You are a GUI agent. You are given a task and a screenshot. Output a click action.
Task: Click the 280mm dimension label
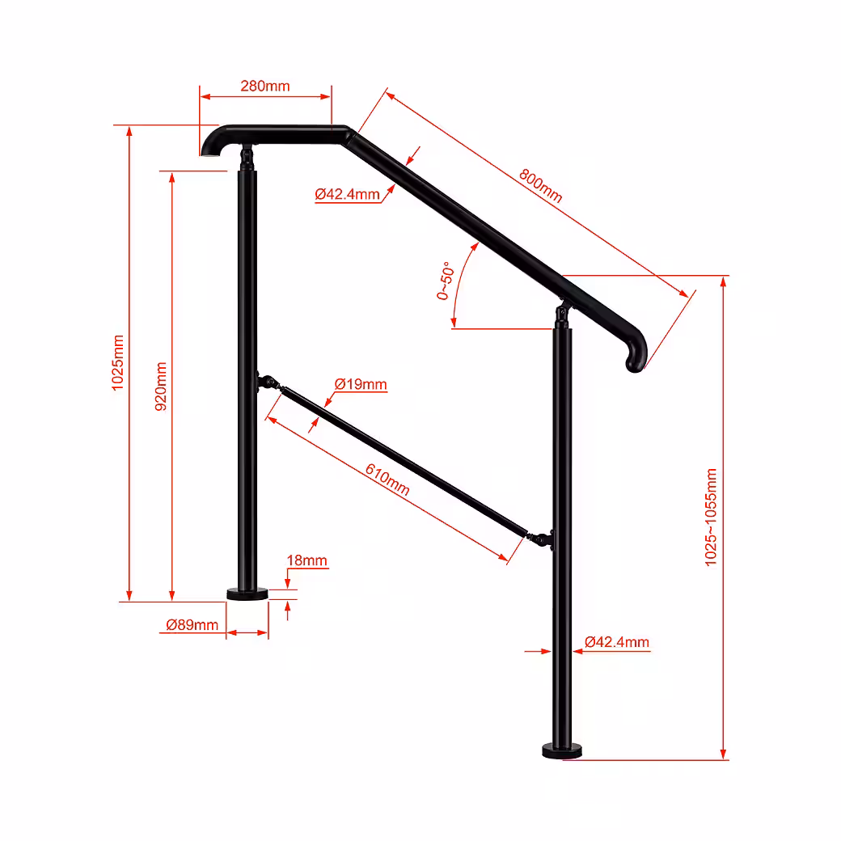pos(265,86)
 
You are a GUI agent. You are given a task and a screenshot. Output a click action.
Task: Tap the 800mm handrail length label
pos(541,185)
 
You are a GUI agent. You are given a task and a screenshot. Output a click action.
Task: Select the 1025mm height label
pos(117,362)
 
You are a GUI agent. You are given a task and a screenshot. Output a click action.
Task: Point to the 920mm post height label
pos(161,387)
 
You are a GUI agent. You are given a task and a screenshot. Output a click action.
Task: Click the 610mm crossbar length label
pos(388,480)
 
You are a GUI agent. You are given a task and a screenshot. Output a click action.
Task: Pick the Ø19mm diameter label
pos(361,384)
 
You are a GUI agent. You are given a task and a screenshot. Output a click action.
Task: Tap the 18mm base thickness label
pos(306,560)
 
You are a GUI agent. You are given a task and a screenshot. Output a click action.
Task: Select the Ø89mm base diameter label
pos(192,625)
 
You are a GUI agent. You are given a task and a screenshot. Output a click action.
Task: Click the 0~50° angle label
pos(446,281)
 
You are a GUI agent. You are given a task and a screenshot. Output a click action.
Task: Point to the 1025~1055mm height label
pos(711,517)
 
